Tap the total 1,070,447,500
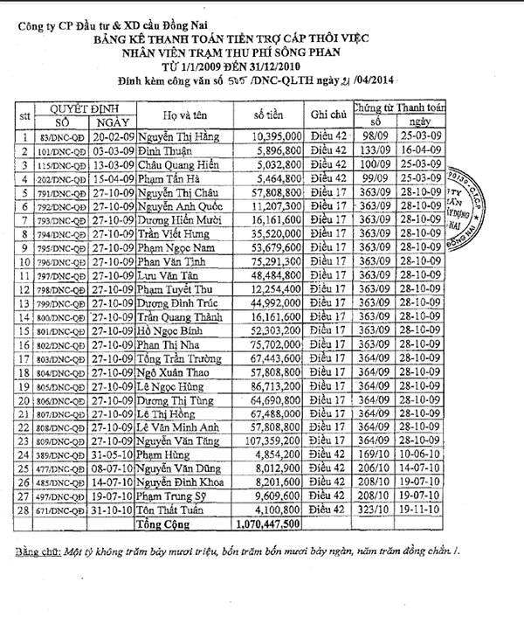click(267, 524)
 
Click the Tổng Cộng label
click(162, 524)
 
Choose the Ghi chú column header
click(329, 116)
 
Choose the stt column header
click(24, 116)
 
